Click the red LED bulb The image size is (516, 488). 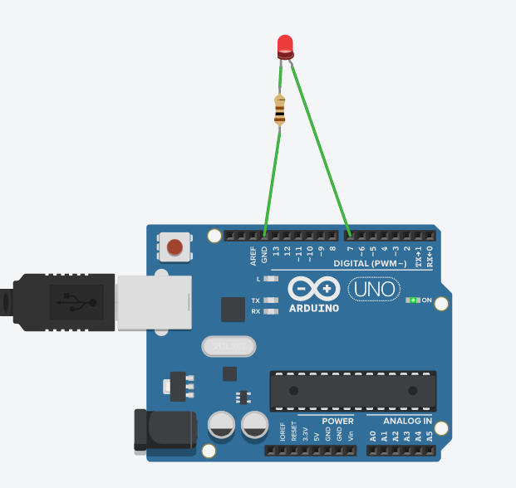coord(285,46)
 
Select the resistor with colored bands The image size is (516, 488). coord(279,110)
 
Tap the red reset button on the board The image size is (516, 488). coord(174,247)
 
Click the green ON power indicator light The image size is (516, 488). coord(413,300)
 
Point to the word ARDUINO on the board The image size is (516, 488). coord(314,309)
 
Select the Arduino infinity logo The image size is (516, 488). coord(314,289)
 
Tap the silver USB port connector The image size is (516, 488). coord(154,302)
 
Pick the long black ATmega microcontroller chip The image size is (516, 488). coord(352,390)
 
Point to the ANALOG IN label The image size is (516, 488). coord(406,421)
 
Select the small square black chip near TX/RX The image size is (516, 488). coord(233,310)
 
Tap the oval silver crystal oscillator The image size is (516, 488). coord(229,345)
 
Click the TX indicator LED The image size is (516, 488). coord(269,300)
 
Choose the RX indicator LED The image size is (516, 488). coord(269,311)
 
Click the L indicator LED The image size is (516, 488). coord(269,279)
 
